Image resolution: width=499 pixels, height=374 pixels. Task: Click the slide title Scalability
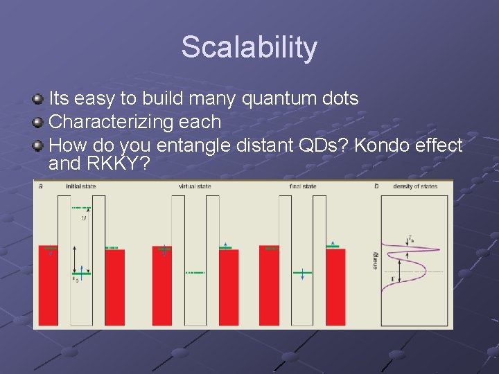point(249,48)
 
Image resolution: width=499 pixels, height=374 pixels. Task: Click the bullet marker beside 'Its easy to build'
point(39,99)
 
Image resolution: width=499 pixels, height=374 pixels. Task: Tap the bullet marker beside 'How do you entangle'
point(39,145)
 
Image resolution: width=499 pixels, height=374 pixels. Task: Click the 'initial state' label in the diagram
point(81,186)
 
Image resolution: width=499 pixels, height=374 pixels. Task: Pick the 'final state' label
point(303,186)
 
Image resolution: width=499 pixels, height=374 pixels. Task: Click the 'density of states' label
point(414,186)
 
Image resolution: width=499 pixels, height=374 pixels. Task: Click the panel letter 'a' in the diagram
point(41,186)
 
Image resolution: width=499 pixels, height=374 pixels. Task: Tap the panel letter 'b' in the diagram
point(376,186)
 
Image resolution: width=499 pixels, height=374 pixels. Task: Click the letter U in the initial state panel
point(84,218)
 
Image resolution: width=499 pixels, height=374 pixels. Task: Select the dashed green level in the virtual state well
point(195,273)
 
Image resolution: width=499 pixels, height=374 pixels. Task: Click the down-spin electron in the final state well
point(303,274)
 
